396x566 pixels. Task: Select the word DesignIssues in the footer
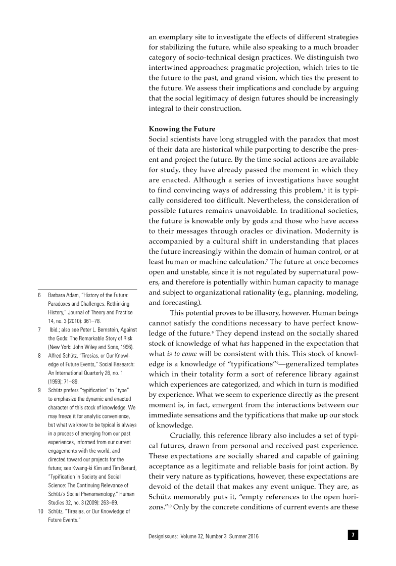(163, 536)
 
